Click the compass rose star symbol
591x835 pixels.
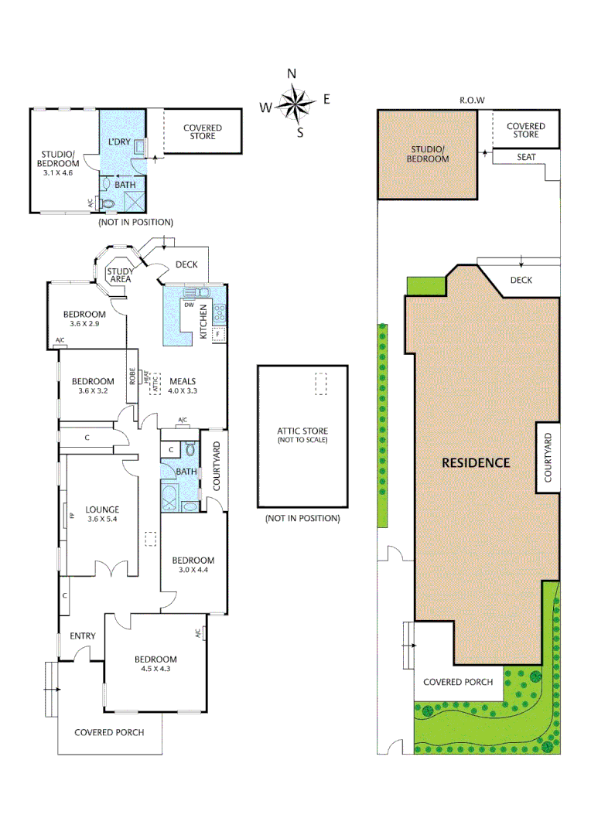[292, 103]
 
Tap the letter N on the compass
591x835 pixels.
[292, 74]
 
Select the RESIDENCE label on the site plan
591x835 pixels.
[476, 463]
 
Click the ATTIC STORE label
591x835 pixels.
[302, 431]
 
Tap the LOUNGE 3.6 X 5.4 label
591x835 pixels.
[102, 514]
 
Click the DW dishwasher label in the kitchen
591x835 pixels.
[188, 305]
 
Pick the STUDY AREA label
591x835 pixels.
[121, 274]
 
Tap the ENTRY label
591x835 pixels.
[83, 636]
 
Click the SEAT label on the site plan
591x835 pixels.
[526, 157]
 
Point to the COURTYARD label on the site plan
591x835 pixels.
[548, 458]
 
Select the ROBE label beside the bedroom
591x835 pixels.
[132, 377]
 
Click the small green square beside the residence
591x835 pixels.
[425, 285]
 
